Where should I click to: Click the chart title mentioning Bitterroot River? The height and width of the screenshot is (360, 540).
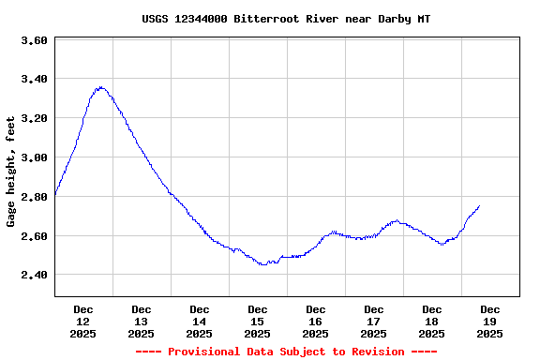coord(287,19)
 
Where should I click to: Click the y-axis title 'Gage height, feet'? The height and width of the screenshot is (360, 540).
coord(11,172)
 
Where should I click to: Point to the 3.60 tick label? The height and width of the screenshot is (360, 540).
coord(34,40)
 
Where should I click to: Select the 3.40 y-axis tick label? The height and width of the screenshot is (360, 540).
coord(34,79)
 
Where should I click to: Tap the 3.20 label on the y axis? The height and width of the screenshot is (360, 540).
coord(34,118)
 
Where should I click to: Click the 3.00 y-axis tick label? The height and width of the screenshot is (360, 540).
coord(34,157)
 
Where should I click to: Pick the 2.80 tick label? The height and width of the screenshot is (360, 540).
coord(34,197)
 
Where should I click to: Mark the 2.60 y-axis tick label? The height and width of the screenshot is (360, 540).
coord(34,236)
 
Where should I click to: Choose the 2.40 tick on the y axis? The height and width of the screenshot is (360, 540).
coord(34,275)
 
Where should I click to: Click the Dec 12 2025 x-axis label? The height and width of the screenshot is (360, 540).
coord(83,321)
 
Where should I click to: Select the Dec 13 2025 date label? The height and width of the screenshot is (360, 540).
coord(142,321)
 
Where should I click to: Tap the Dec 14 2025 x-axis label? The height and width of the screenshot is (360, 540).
coord(200,321)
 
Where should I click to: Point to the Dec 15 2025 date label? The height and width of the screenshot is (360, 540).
coord(258,321)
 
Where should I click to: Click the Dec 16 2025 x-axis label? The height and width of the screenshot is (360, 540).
coord(316,321)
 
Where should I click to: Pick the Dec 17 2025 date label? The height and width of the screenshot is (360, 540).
coord(374,321)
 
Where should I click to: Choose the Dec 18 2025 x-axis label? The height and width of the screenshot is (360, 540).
coord(432,321)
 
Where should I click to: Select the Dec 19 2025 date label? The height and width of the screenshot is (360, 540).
coord(490,321)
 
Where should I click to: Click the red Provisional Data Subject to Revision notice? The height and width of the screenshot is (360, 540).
coord(287,352)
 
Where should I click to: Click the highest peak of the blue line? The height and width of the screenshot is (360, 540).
coord(99,87)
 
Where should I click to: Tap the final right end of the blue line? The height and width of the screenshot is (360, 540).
coord(479,206)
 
